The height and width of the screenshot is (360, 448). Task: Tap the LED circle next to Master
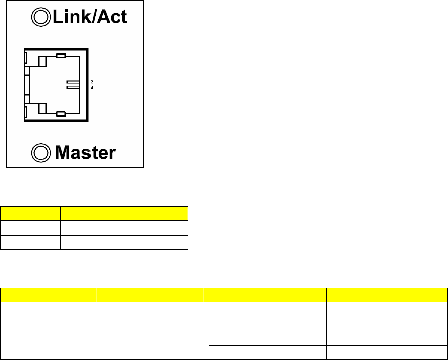(39, 151)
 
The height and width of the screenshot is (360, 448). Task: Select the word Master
(85, 152)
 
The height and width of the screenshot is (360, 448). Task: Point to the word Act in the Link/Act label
(111, 18)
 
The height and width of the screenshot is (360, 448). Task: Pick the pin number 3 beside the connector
(92, 81)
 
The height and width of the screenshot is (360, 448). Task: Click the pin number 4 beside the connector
(92, 87)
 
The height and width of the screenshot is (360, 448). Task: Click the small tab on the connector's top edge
(61, 56)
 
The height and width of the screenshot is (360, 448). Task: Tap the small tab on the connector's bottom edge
(61, 114)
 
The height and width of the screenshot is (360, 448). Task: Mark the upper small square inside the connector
(42, 62)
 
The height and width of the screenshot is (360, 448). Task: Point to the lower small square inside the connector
(42, 107)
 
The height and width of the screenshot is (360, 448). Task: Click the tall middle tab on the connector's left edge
(26, 85)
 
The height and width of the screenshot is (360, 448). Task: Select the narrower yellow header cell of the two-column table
(30, 212)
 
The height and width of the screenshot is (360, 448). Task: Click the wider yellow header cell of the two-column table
(124, 212)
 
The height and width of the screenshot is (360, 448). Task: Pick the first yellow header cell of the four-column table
(51, 294)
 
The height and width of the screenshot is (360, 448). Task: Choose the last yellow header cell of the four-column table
(387, 294)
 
